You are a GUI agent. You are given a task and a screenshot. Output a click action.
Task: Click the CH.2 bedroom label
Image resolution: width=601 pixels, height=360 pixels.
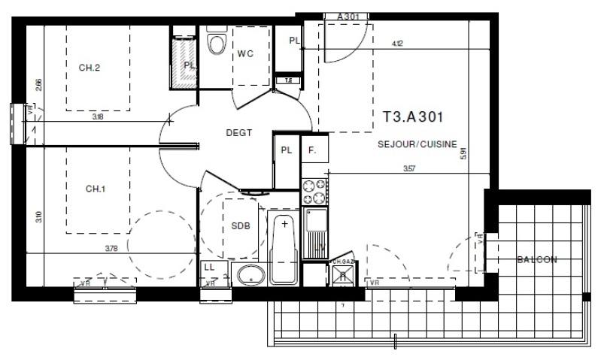(x=90, y=68)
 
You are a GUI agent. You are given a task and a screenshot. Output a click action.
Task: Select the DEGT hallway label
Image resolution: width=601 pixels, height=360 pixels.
(x=238, y=132)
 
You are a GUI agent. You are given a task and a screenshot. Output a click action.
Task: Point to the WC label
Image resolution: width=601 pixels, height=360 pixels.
(x=245, y=54)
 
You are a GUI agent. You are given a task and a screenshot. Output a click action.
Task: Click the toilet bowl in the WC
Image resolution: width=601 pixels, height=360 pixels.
(x=217, y=44)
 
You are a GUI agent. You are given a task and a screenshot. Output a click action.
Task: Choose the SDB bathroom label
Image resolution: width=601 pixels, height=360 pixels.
(x=241, y=225)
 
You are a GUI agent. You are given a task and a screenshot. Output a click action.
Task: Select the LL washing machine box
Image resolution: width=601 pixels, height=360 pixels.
(x=209, y=268)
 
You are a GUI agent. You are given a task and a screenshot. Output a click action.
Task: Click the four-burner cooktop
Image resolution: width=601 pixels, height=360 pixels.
(x=314, y=192)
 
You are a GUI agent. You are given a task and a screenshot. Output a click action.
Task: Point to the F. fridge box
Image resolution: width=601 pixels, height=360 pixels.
(x=312, y=150)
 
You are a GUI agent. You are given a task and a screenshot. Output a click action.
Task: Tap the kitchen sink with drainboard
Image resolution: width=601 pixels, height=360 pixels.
(x=314, y=233)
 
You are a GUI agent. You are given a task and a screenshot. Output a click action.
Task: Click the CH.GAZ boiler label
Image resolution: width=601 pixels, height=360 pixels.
(x=342, y=262)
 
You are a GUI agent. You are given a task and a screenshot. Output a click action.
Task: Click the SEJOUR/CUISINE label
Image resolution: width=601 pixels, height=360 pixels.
(x=417, y=144)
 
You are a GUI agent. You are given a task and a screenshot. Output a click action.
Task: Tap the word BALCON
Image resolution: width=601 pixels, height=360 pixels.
(x=536, y=260)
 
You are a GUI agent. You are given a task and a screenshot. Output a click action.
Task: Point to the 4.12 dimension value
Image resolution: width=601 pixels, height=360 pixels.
(x=396, y=44)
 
